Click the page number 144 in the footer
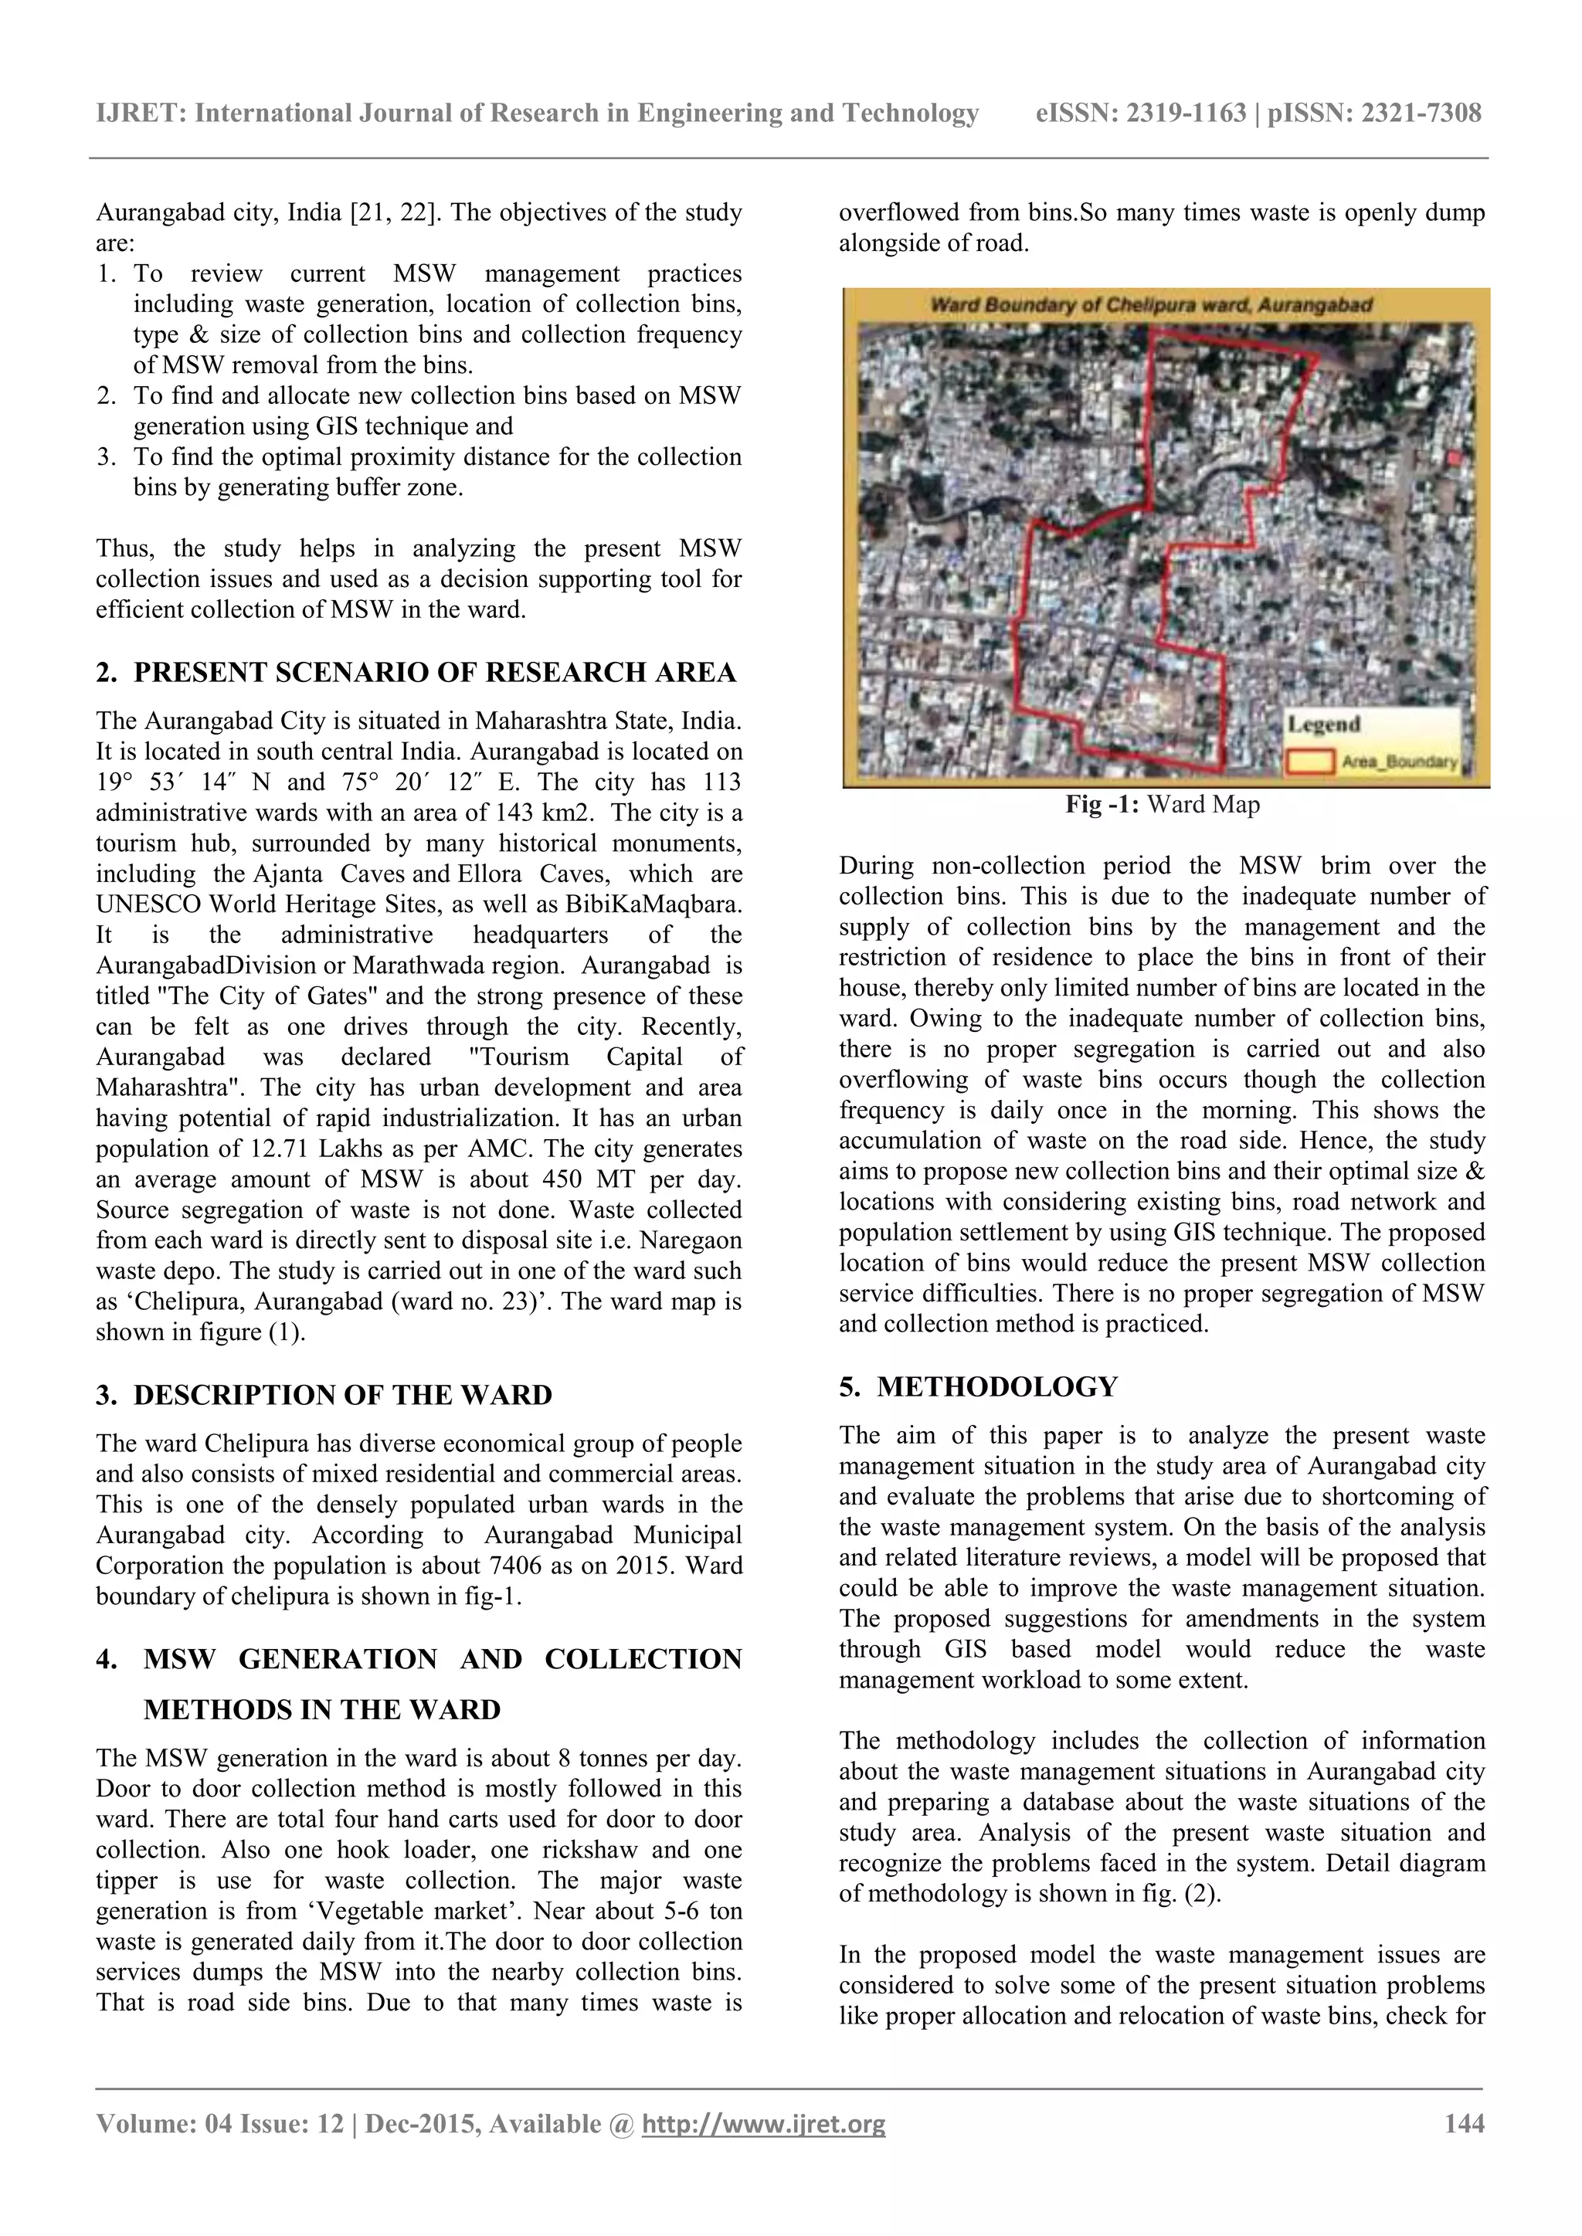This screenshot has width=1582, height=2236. (1464, 2123)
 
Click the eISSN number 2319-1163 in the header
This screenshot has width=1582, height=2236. (1186, 114)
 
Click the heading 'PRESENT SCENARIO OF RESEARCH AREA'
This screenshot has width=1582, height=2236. (434, 673)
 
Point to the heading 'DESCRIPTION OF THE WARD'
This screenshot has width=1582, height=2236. (342, 1395)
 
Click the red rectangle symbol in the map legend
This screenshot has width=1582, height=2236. (1310, 762)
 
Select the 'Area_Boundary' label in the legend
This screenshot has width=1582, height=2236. (1399, 762)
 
